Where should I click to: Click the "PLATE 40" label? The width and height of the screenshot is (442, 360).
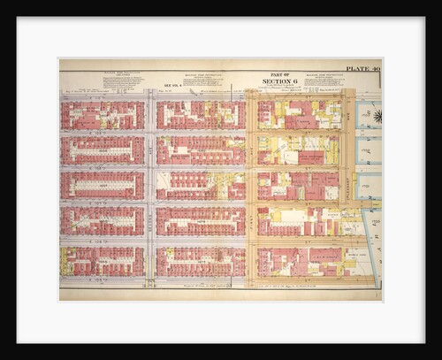(x=362, y=69)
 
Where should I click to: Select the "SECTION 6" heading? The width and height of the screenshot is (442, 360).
(x=283, y=82)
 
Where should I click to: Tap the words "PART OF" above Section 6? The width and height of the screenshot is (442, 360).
(x=283, y=73)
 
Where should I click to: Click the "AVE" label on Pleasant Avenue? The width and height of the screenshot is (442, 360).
(x=348, y=115)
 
